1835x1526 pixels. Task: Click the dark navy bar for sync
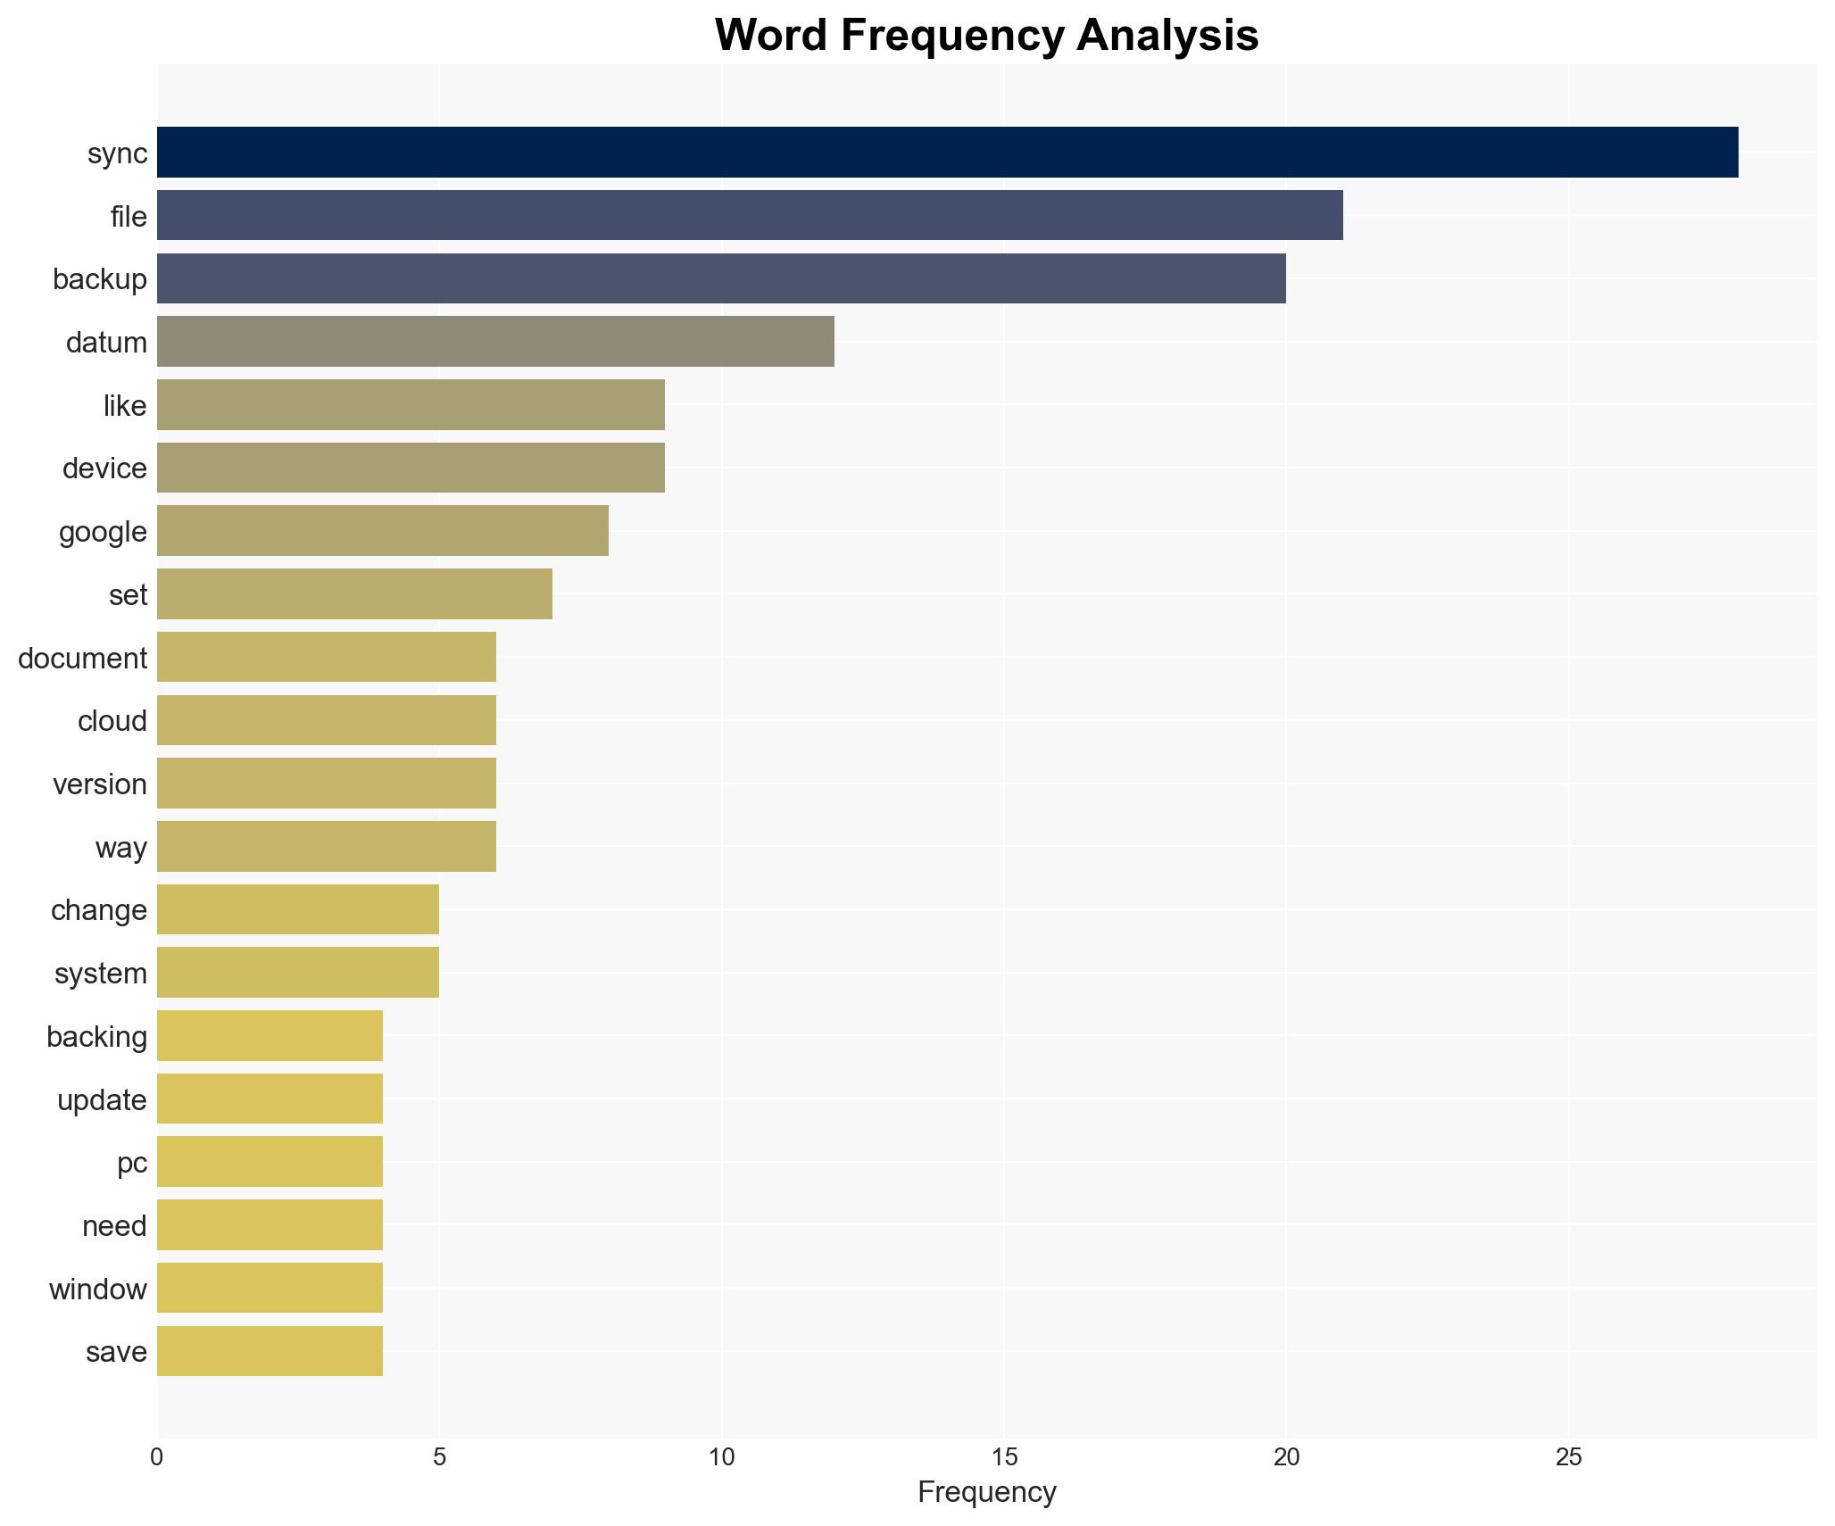coord(947,153)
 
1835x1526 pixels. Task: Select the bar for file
coord(750,215)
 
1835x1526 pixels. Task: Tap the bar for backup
coord(721,278)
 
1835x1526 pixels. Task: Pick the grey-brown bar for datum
coord(495,342)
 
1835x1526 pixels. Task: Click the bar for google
coord(383,531)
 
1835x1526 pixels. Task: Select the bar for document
coord(327,658)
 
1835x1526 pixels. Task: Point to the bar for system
coord(298,973)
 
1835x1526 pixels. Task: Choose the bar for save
coord(270,1351)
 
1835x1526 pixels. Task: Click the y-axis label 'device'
coord(104,469)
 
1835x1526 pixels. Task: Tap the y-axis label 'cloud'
coord(112,721)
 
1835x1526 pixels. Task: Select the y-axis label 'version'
coord(99,784)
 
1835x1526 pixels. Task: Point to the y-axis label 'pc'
coord(132,1163)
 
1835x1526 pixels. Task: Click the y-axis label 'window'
coord(97,1289)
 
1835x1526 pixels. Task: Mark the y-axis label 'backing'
coord(96,1037)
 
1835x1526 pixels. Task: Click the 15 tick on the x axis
coord(1004,1457)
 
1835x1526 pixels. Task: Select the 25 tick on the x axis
coord(1568,1457)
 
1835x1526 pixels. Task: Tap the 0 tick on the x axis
coord(157,1457)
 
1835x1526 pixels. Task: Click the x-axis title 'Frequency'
coord(986,1492)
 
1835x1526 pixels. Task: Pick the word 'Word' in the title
coord(771,36)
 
